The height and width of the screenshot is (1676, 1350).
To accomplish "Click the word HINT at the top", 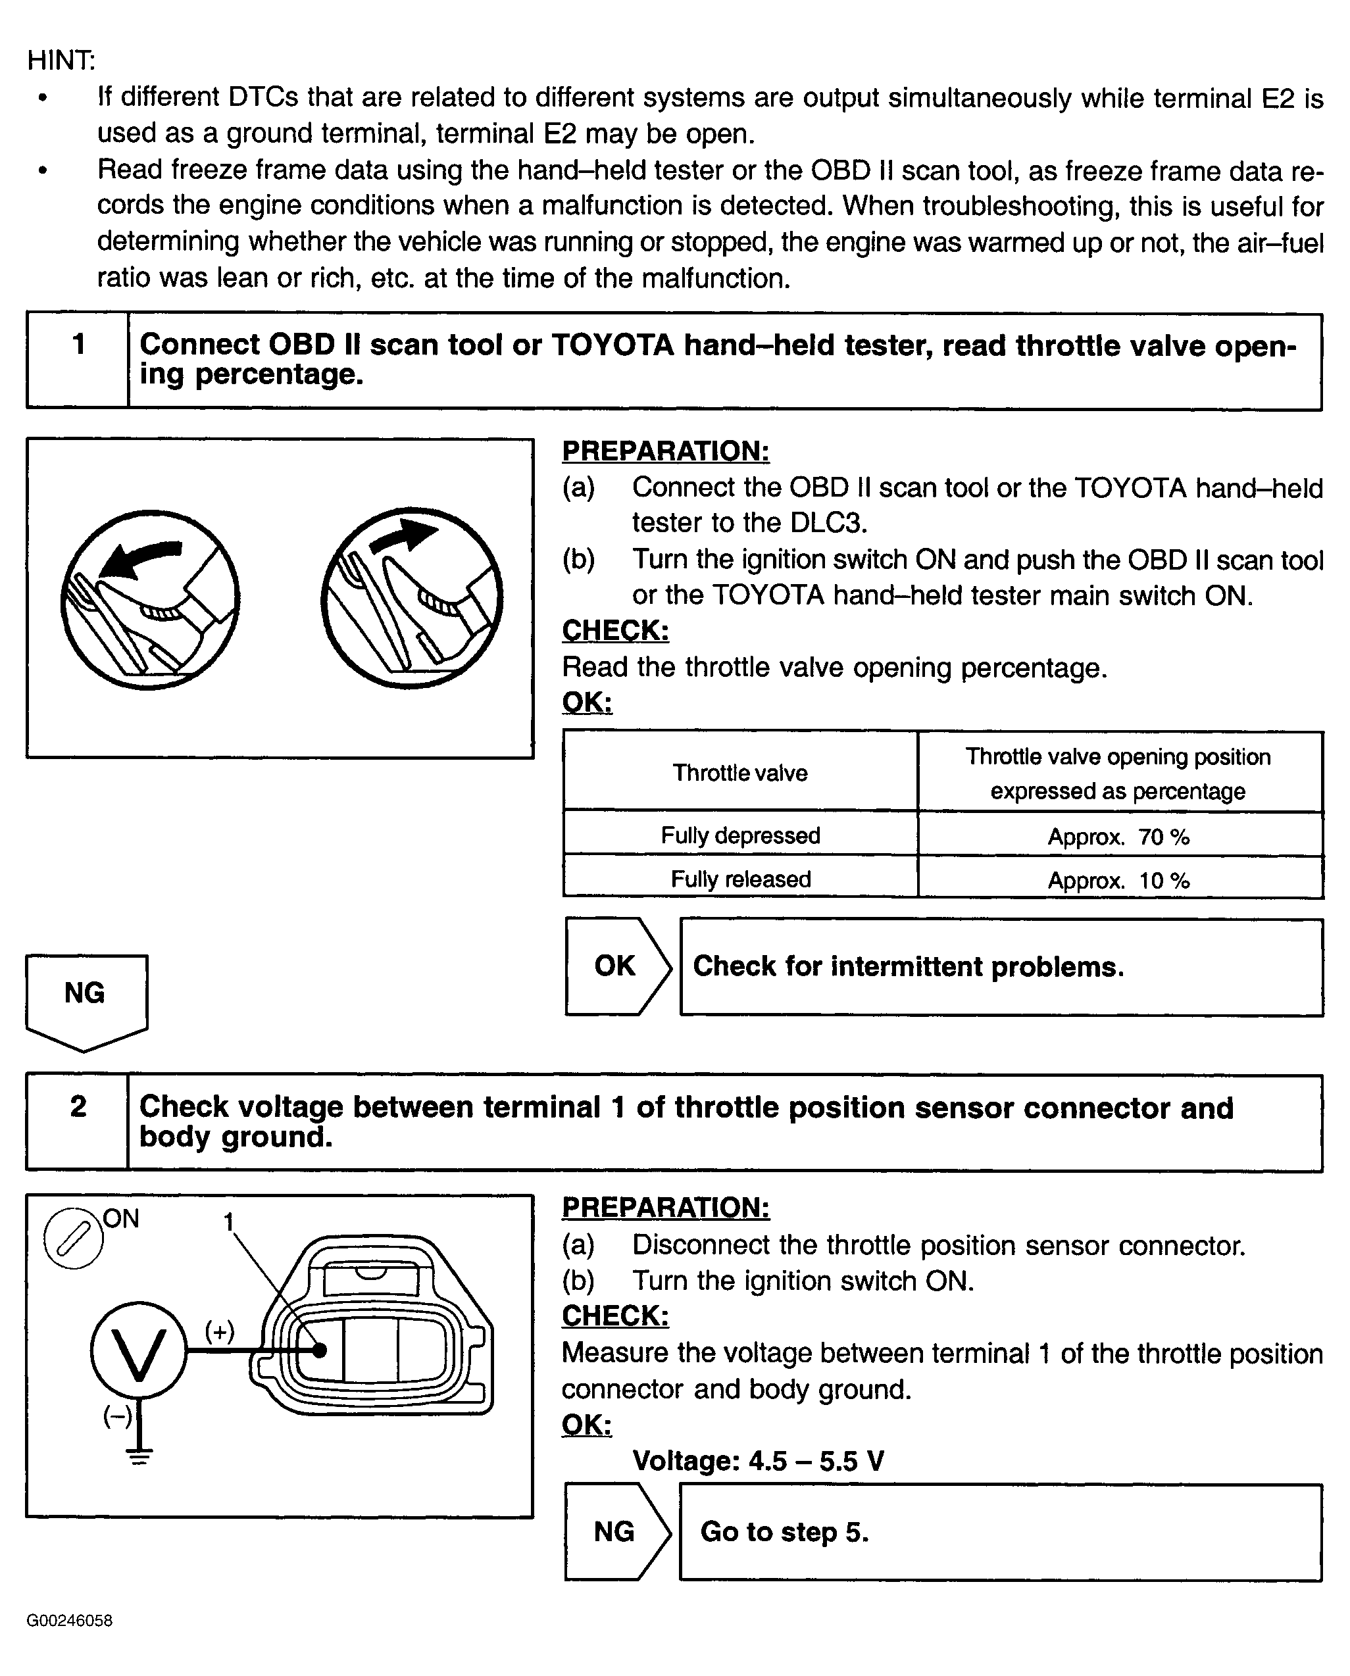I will pos(61,60).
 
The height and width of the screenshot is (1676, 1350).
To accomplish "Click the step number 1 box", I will pos(78,360).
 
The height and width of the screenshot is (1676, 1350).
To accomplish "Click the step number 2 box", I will pos(78,1123).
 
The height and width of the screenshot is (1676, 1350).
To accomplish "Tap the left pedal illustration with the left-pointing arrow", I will pos(150,599).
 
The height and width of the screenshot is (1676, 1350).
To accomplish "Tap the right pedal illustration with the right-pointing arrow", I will pos(411,598).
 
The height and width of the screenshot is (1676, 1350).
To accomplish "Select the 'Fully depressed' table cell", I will pos(740,835).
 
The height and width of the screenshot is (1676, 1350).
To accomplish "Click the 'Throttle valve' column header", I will pos(740,773).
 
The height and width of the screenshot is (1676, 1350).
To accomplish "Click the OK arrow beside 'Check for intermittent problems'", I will pos(616,966).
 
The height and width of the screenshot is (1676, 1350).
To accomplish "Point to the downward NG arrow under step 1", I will pos(86,1000).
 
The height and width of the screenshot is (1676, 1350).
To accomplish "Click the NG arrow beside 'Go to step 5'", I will pos(616,1532).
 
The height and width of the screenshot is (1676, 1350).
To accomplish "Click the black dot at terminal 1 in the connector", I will pos(319,1350).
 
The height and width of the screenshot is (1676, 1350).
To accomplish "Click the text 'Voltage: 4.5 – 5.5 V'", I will pos(758,1461).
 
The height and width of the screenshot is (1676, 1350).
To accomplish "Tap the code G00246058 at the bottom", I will pos(69,1621).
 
